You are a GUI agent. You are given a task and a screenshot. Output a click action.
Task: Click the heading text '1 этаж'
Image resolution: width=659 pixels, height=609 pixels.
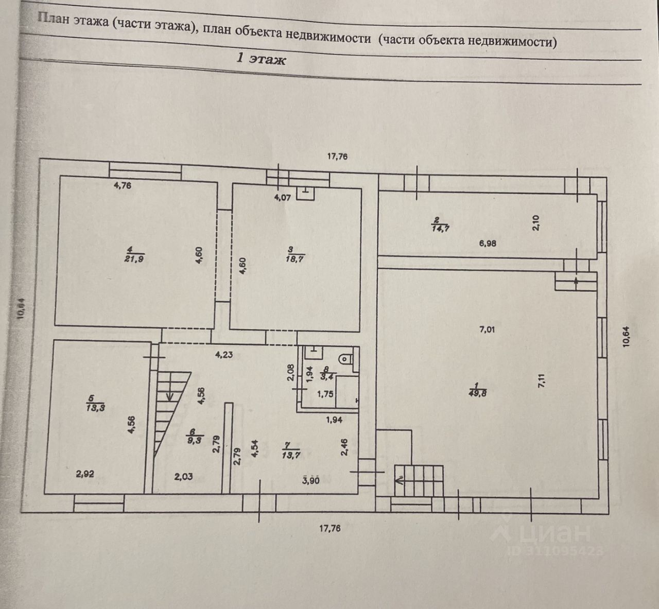tap(261, 59)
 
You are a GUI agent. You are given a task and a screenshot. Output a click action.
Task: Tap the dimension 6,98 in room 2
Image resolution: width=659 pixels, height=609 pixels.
tap(487, 243)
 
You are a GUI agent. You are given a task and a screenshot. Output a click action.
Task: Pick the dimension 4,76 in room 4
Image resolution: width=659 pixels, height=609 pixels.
tap(122, 186)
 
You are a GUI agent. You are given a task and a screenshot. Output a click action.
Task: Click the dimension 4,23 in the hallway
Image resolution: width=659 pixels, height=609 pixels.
tap(224, 354)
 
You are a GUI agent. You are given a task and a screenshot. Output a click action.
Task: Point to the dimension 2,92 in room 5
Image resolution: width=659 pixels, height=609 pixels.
tap(85, 475)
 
